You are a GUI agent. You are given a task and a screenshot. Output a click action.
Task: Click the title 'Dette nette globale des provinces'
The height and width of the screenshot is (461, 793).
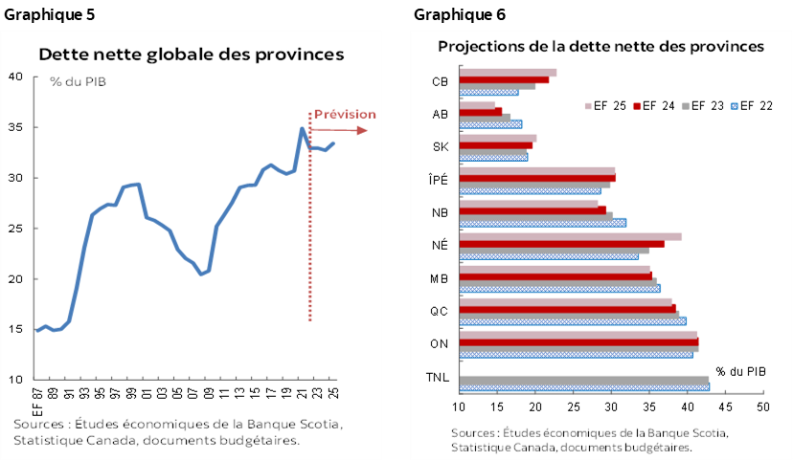point(191,55)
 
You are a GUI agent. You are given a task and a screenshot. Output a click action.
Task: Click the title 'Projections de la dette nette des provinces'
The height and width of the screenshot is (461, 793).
point(600,46)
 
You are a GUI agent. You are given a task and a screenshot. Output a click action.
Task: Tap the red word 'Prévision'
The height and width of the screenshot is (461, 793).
point(345,114)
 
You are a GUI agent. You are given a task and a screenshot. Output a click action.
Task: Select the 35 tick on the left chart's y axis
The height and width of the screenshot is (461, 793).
point(16,127)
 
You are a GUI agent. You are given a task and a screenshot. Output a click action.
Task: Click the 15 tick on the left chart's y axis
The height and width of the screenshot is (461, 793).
point(16,329)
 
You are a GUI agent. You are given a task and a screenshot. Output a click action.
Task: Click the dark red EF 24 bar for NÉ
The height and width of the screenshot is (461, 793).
point(562,244)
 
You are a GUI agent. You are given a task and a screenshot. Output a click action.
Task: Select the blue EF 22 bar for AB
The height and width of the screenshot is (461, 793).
point(491,124)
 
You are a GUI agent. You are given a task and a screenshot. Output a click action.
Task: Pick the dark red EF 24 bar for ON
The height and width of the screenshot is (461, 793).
point(579,341)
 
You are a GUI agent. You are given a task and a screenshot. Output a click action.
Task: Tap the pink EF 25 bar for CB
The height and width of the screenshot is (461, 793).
point(509,72)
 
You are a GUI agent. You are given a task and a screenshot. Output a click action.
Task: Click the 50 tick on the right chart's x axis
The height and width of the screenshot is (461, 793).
point(763,408)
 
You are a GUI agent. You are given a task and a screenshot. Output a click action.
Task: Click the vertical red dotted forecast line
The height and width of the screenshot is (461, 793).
point(309,220)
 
